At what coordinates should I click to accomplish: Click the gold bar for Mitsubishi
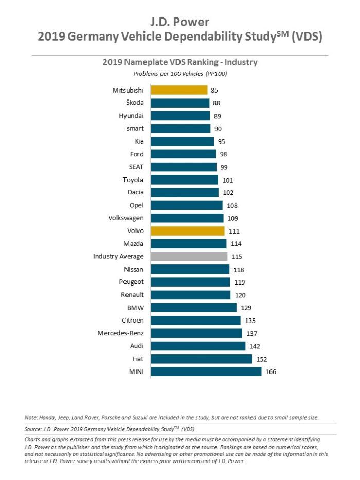point(179,90)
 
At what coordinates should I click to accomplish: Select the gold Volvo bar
point(187,231)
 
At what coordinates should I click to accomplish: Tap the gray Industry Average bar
point(189,256)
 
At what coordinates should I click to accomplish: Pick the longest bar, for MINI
point(206,371)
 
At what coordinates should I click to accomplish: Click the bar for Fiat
point(201,359)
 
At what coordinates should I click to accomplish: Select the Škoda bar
point(180,103)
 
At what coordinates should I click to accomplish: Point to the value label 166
point(271,371)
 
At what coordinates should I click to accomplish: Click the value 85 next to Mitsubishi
point(214,90)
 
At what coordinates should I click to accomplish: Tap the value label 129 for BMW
point(246,308)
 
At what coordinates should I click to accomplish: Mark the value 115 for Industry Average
point(237,256)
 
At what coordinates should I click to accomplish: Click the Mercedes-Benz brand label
point(120,333)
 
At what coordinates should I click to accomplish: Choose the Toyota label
point(133,180)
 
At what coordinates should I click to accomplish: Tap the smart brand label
point(135,129)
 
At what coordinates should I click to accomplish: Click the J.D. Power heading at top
point(180,22)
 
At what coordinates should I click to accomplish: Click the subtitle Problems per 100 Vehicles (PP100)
point(180,74)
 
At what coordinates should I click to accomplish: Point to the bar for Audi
point(198,346)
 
